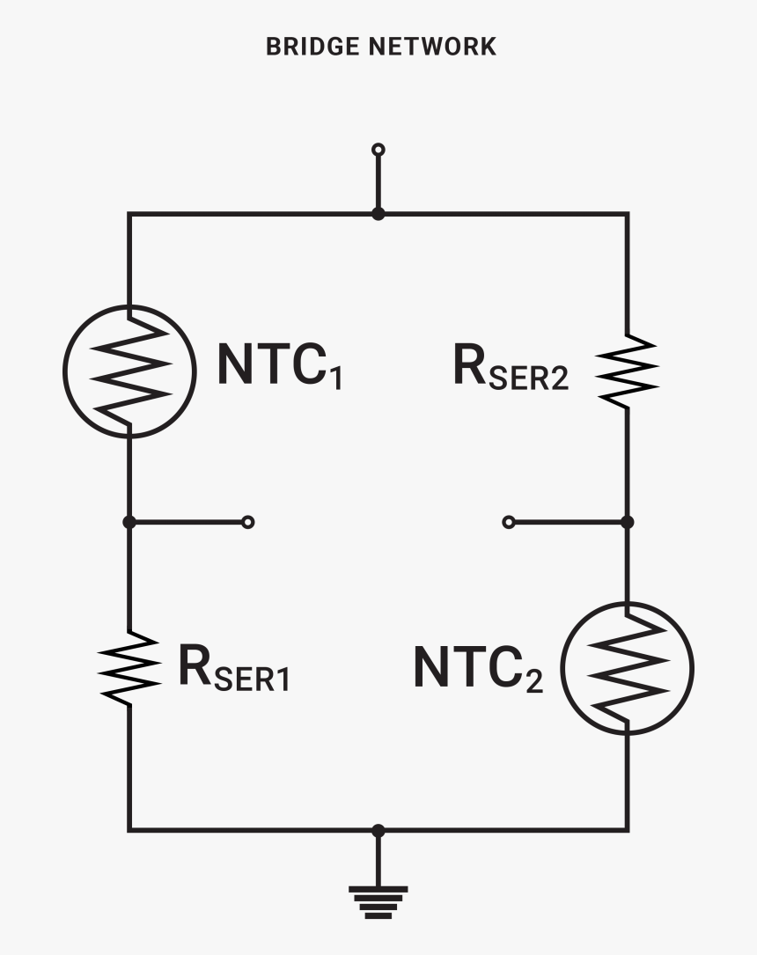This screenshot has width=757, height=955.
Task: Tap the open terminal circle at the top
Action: pyautogui.click(x=378, y=150)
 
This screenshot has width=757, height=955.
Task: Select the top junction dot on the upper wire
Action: pyautogui.click(x=378, y=214)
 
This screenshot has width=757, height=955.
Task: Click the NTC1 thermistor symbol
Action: pyautogui.click(x=129, y=370)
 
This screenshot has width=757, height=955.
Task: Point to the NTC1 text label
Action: pyautogui.click(x=279, y=365)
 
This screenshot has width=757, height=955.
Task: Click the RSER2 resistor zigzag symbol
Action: pyautogui.click(x=627, y=369)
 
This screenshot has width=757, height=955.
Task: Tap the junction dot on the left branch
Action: pyautogui.click(x=129, y=522)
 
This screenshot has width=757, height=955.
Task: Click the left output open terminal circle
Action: pyautogui.click(x=248, y=522)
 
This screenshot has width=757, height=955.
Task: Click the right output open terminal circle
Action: pyautogui.click(x=509, y=522)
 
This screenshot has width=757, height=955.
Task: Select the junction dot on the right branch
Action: pyautogui.click(x=627, y=522)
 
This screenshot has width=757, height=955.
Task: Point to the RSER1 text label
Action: pyautogui.click(x=233, y=667)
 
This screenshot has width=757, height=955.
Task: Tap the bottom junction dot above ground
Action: pyautogui.click(x=378, y=830)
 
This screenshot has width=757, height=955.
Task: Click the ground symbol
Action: pyautogui.click(x=378, y=900)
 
